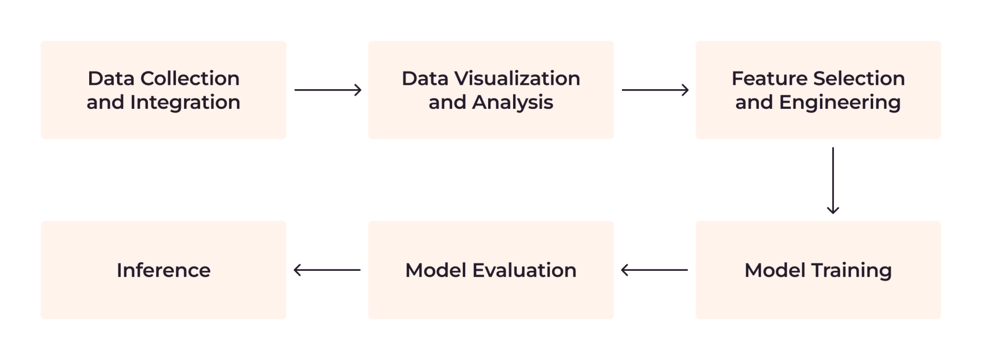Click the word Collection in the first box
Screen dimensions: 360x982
coord(190,79)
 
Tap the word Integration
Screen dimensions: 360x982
coord(185,103)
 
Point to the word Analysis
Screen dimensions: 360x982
coord(513,103)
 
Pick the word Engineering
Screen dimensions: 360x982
coord(840,103)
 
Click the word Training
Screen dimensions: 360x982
coord(851,271)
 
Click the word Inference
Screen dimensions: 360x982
coord(164,270)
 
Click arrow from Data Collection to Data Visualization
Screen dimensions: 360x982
coord(327,90)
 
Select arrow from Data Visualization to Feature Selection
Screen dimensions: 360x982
coord(655,90)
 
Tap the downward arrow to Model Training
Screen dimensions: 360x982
coord(833,180)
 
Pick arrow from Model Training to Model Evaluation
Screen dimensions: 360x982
coord(655,270)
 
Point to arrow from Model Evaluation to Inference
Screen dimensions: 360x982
coord(327,270)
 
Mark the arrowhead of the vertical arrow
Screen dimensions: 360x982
coord(833,210)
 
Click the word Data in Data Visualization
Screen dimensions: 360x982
coord(425,79)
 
